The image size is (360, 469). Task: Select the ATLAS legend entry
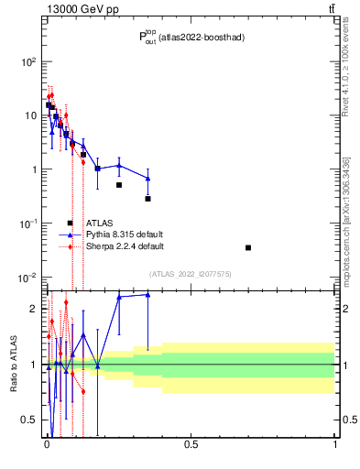coord(99,223)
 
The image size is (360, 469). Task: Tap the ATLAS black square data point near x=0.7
coord(248,247)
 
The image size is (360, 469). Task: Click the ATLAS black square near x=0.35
coord(147,199)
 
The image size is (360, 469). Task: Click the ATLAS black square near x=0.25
coord(119,185)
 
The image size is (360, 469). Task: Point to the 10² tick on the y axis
coord(28,61)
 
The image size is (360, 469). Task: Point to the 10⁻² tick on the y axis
coord(28,278)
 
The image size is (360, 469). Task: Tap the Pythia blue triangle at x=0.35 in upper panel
coord(147,179)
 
